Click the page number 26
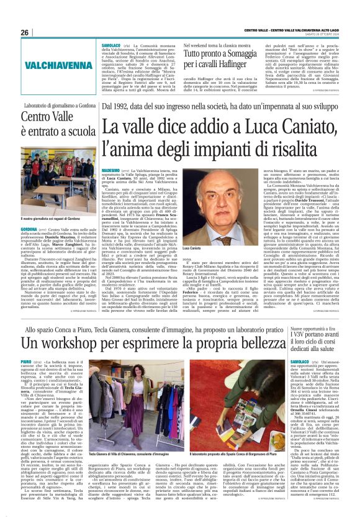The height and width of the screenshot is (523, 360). point(25,32)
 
